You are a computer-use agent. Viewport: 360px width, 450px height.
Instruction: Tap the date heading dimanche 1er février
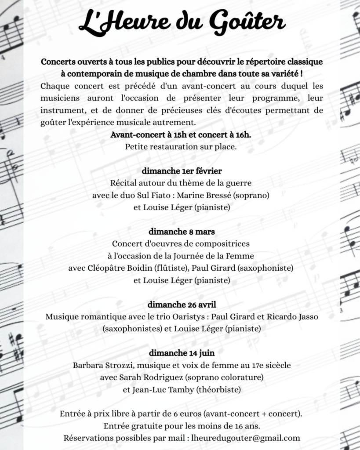coord(182,171)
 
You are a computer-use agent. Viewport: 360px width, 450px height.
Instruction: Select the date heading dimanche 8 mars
coord(182,231)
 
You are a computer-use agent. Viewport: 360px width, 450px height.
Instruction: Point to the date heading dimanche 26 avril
coord(182,304)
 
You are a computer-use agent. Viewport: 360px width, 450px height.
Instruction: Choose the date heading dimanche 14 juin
coord(182,352)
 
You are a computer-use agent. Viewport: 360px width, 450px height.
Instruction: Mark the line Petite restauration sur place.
coord(181,147)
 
